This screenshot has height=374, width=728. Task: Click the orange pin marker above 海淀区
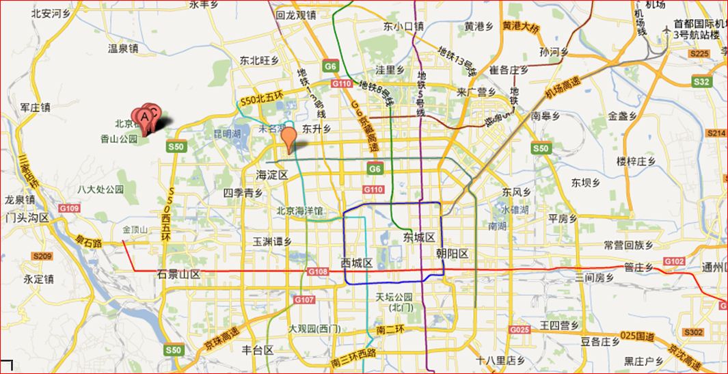tap(289, 137)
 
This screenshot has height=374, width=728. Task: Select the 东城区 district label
tap(418, 237)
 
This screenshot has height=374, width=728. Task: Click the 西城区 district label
tap(356, 263)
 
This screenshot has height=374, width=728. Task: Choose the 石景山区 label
tap(178, 274)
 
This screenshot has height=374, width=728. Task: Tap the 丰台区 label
tap(258, 350)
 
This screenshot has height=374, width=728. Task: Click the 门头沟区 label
tap(26, 217)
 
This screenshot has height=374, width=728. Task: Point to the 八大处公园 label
tap(100, 189)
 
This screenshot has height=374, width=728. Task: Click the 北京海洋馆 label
tap(299, 211)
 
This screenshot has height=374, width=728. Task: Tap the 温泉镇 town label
tap(123, 49)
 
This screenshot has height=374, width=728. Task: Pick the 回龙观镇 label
tap(295, 14)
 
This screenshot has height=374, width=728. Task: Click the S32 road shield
tap(701, 81)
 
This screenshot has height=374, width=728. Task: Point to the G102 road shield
tap(673, 261)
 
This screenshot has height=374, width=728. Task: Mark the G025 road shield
tap(520, 330)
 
